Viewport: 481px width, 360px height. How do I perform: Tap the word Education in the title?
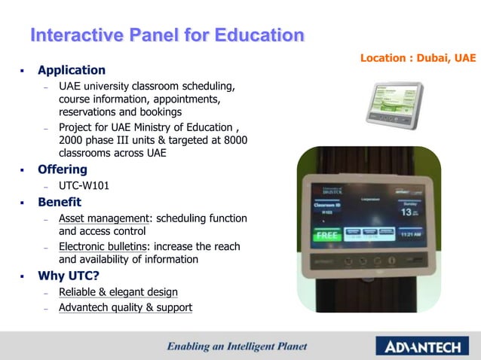(x=259, y=35)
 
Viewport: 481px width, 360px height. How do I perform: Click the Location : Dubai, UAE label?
(x=418, y=58)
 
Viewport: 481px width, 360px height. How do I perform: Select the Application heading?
(x=72, y=70)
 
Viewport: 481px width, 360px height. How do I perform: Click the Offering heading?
(x=63, y=169)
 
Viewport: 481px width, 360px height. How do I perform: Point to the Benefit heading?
(x=60, y=203)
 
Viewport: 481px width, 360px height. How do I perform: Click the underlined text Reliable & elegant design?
(x=118, y=291)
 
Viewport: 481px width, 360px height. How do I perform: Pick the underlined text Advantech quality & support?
(x=125, y=307)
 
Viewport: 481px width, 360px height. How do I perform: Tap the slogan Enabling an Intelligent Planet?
(x=237, y=346)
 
